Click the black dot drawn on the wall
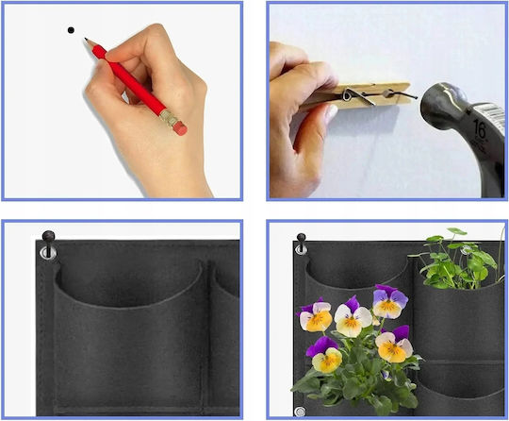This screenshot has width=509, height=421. (71, 30)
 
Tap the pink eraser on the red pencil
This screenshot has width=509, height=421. (180, 127)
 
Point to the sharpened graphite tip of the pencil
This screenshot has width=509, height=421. (87, 40)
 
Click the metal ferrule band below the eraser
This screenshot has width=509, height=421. (169, 117)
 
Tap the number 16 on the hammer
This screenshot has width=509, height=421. (480, 129)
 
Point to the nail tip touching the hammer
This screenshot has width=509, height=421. (417, 97)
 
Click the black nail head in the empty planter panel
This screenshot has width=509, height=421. (48, 235)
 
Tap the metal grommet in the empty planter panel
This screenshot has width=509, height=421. (47, 253)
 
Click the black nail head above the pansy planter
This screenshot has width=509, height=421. (301, 238)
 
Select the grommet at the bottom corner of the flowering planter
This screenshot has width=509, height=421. (300, 411)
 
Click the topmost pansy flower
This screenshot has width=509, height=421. (390, 301)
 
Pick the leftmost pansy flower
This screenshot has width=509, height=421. (315, 316)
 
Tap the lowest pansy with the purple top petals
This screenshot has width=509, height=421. (325, 355)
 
